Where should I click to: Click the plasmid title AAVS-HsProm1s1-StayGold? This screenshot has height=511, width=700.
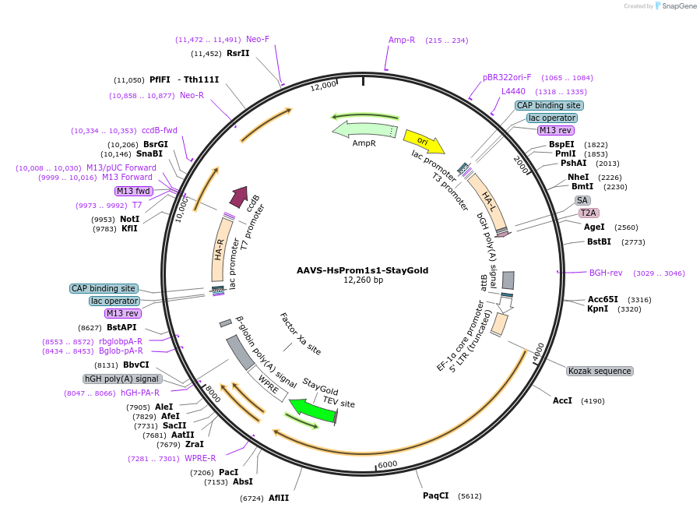coord(362,270)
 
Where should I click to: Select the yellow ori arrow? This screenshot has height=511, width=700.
coord(424,141)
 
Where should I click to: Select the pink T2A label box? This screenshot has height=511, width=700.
coord(588,213)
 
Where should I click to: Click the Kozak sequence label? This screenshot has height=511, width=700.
coord(599,371)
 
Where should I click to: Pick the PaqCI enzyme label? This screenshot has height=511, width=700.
coord(436,495)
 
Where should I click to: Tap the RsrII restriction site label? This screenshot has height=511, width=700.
coord(238,53)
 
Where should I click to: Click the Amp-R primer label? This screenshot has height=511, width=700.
coord(402,40)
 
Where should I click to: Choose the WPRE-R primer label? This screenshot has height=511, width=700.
coord(200,458)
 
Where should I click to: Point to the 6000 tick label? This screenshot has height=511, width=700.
coord(387,463)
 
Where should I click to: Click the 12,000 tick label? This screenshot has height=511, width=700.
coord(323,85)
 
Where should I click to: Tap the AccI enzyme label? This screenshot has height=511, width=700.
coord(562,400)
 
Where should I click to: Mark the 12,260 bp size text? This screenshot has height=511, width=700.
coord(363,280)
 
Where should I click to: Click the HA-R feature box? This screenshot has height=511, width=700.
coord(220,250)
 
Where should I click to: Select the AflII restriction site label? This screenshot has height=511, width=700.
coord(279,498)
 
